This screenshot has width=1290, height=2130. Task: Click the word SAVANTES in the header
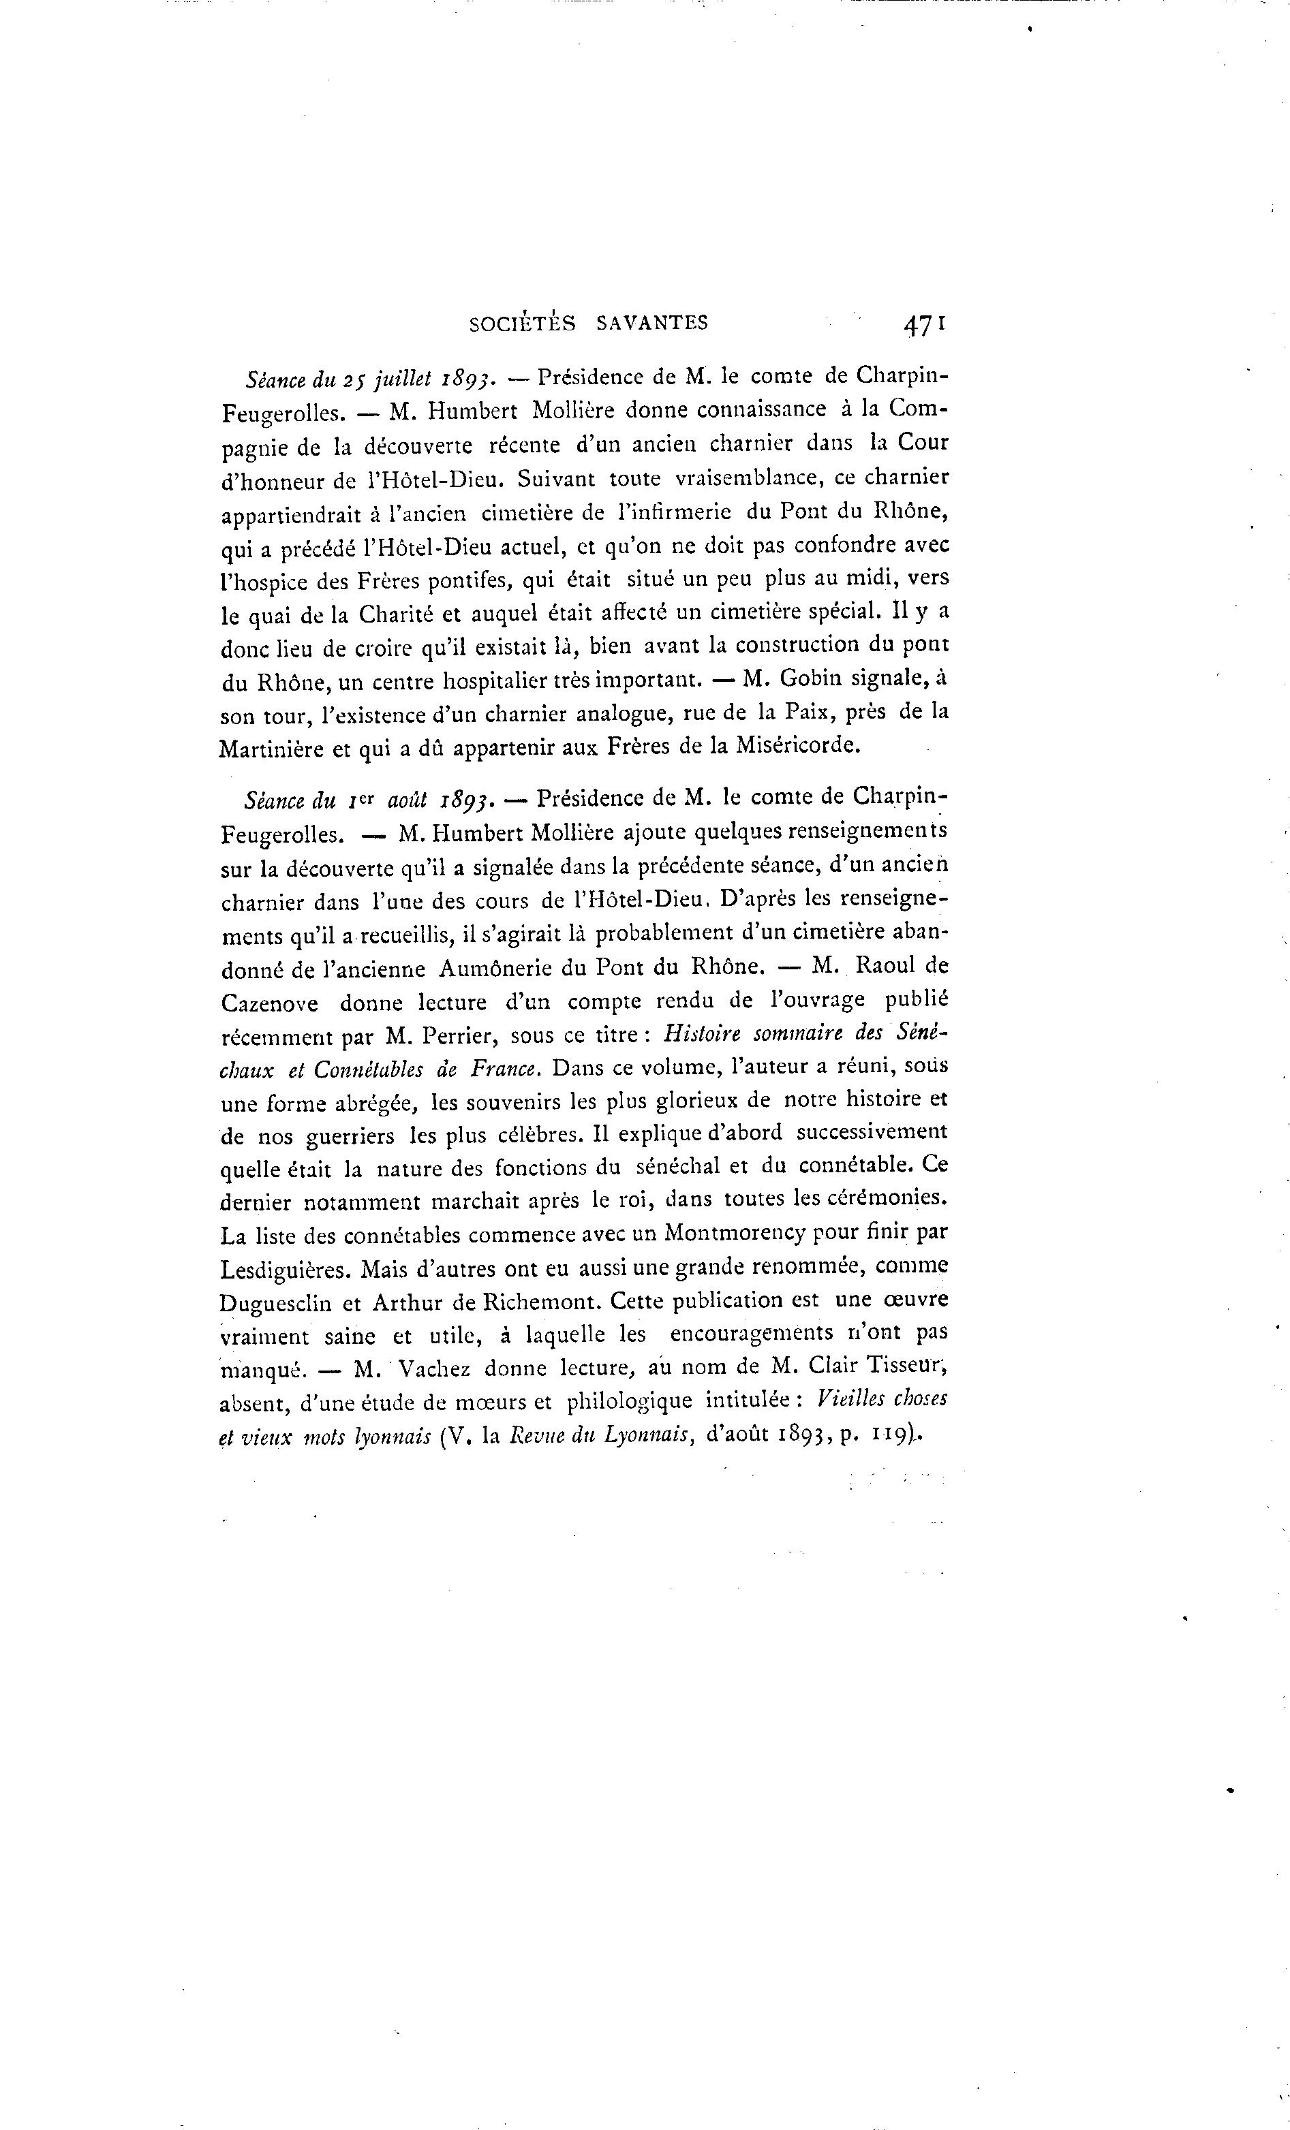652,324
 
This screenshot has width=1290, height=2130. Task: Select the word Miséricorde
797,746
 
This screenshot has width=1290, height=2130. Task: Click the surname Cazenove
270,1003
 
